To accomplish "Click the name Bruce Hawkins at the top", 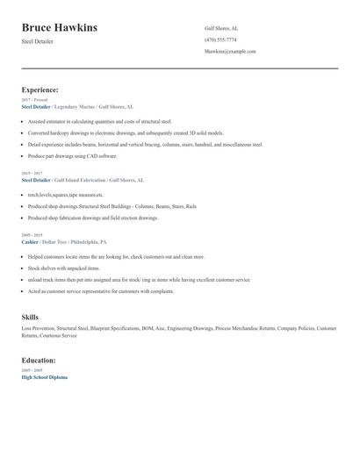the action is pyautogui.click(x=59, y=28).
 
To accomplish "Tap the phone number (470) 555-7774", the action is pyautogui.click(x=220, y=39).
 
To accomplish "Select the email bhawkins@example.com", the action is pyautogui.click(x=230, y=52).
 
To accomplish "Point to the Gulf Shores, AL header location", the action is pyautogui.click(x=221, y=28).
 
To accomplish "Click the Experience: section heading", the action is pyautogui.click(x=40, y=89).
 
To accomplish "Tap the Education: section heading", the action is pyautogui.click(x=39, y=360).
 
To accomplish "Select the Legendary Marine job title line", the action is pyautogui.click(x=77, y=106).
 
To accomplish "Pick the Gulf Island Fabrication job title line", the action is pyautogui.click(x=83, y=180).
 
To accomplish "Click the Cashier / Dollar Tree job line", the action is pyautogui.click(x=64, y=241).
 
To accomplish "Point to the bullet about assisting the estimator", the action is pyautogui.click(x=99, y=121).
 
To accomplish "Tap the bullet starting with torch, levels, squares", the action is pyautogui.click(x=65, y=195).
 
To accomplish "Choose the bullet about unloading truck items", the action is pyautogui.click(x=139, y=279).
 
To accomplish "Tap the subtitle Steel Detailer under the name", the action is pyautogui.click(x=37, y=41).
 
